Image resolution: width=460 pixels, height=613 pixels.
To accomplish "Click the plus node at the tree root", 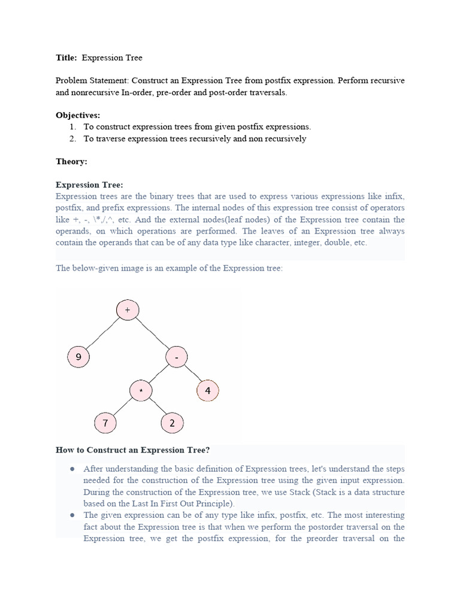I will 127,310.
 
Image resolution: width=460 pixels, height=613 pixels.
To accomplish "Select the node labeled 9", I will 78,358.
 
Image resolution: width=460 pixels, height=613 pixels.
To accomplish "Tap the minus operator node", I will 177,358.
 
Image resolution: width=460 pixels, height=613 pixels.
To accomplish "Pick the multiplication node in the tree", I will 141,391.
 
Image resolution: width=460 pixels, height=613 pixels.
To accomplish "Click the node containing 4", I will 207,392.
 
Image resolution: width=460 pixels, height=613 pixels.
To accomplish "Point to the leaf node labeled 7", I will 105,423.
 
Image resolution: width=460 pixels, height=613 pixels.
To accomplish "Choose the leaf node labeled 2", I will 172,423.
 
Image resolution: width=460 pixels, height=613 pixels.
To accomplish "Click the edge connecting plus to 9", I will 102,334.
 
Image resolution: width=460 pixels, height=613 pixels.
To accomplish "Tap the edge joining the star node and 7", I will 123,407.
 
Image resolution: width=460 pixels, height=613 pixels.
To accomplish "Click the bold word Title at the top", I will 66,58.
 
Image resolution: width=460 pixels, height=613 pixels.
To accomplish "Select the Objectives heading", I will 78,115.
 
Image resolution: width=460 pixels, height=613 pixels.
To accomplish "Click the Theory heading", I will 71,162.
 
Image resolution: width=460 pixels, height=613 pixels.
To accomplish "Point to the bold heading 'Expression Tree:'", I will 89,185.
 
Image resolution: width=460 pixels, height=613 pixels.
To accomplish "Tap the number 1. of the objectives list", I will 73,127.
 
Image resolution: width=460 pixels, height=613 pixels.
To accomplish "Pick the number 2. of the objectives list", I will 73,139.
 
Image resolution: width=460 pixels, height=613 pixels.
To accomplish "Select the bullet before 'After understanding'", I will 72,469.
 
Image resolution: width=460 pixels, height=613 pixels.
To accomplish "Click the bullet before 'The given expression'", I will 72,515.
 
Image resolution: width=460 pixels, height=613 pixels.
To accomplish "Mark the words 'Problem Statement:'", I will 92,81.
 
